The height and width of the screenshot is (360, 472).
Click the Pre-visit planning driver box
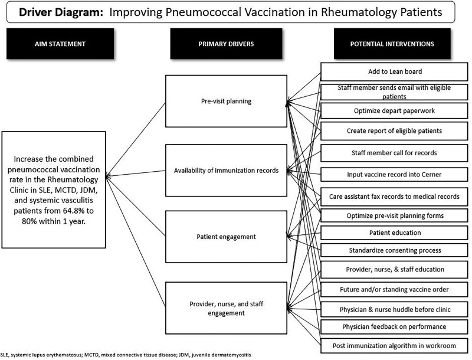tap(227, 101)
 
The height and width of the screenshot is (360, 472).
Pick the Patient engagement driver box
tap(227, 237)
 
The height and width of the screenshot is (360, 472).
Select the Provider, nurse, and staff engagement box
tap(227, 309)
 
